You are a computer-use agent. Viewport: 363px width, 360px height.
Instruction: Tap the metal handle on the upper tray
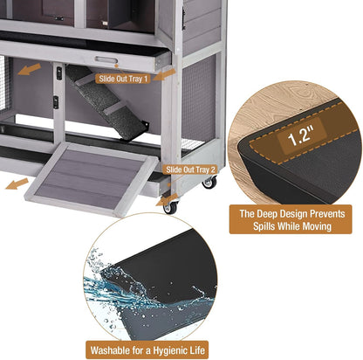click(106, 59)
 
